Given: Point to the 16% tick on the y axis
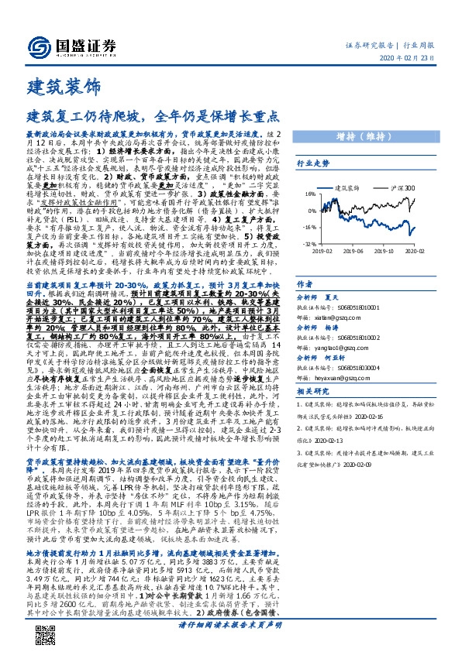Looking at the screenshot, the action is [309, 194].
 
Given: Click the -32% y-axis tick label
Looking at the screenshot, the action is [309, 243].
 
